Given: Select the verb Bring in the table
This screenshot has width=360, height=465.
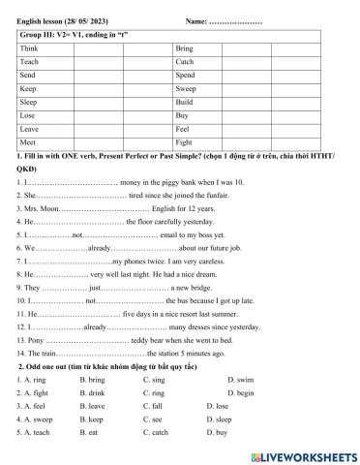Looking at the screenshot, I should (185, 47).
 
